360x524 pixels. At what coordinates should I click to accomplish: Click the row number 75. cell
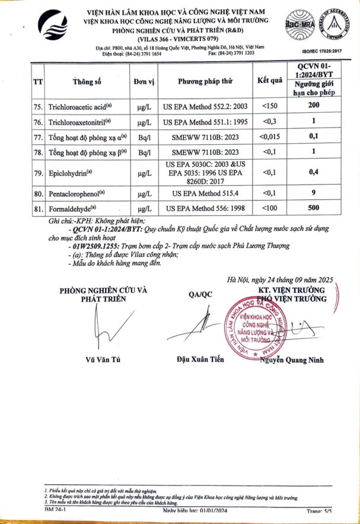pos(39,106)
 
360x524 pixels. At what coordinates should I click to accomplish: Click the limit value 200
pos(314,106)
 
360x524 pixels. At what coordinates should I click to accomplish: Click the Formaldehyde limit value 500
pos(314,208)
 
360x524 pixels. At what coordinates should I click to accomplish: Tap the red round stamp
pos(252,327)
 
